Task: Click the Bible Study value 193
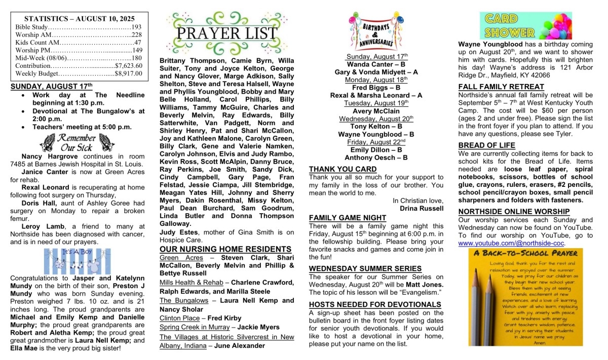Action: coord(136,27)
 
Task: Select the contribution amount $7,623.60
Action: coord(129,65)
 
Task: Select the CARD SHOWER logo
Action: coord(525,26)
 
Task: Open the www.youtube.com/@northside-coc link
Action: coord(511,243)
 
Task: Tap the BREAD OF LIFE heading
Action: coord(486,145)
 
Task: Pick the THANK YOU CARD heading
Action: coord(343,169)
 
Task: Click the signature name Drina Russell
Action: coord(422,208)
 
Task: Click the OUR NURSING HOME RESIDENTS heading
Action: coord(225,249)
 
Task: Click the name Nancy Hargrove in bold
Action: coord(43,156)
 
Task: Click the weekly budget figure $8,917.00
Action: coord(129,73)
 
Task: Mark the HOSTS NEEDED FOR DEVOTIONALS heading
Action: coord(375,304)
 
